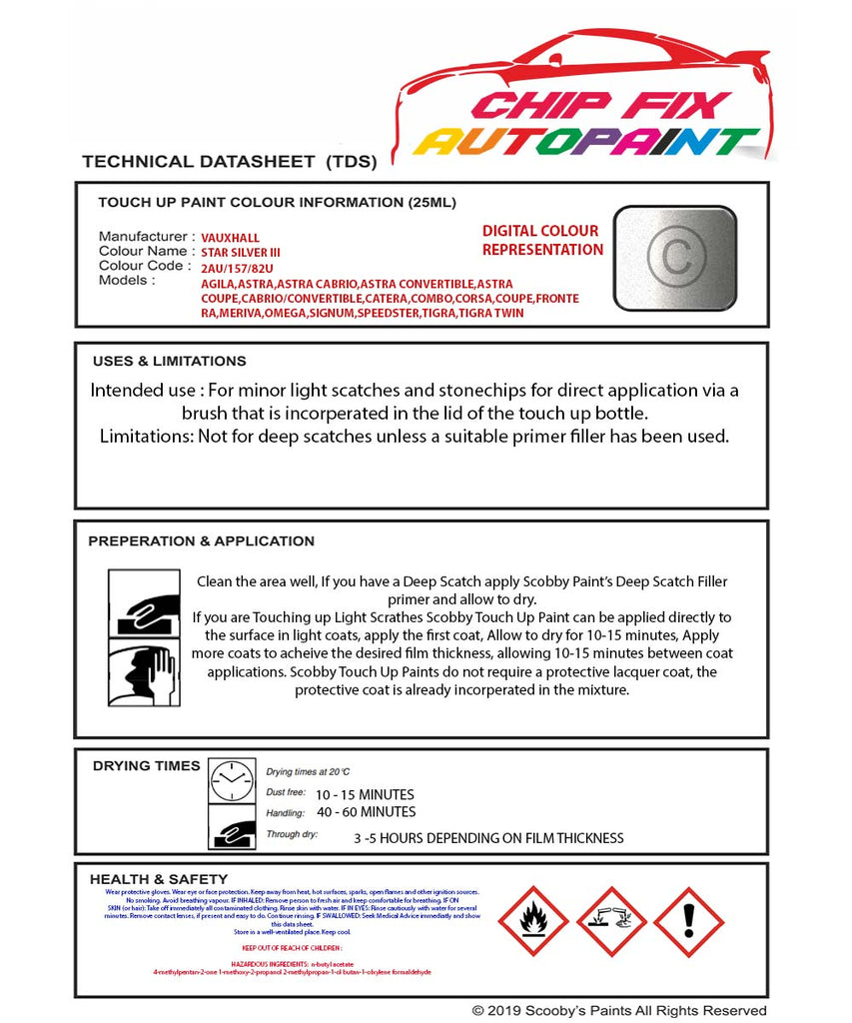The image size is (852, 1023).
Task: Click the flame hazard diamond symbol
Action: coord(533,920)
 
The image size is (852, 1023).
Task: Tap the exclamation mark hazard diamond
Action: coord(689,920)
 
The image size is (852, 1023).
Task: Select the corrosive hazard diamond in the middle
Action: coord(611,920)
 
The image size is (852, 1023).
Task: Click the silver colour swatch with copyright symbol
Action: coord(674,256)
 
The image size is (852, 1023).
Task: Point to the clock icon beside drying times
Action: coord(232,780)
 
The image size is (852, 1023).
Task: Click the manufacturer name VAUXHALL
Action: coord(230,238)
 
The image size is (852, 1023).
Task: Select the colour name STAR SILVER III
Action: coord(241,253)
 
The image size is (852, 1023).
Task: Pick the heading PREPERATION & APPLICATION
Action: coord(201,540)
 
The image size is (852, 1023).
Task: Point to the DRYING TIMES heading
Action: coord(146,765)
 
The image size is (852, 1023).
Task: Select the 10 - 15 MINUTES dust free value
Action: coord(365,795)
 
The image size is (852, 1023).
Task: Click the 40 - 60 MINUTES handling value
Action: coord(366,812)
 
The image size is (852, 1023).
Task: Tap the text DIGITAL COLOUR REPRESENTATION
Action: coord(542,240)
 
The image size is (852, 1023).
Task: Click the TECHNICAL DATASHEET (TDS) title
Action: coord(229,161)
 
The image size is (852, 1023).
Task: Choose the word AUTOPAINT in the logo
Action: coord(586,142)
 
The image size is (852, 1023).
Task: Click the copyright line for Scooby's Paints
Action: coord(619,1011)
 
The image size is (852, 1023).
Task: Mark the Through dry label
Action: coord(292,833)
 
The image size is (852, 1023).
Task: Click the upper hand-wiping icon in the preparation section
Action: coord(143,604)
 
